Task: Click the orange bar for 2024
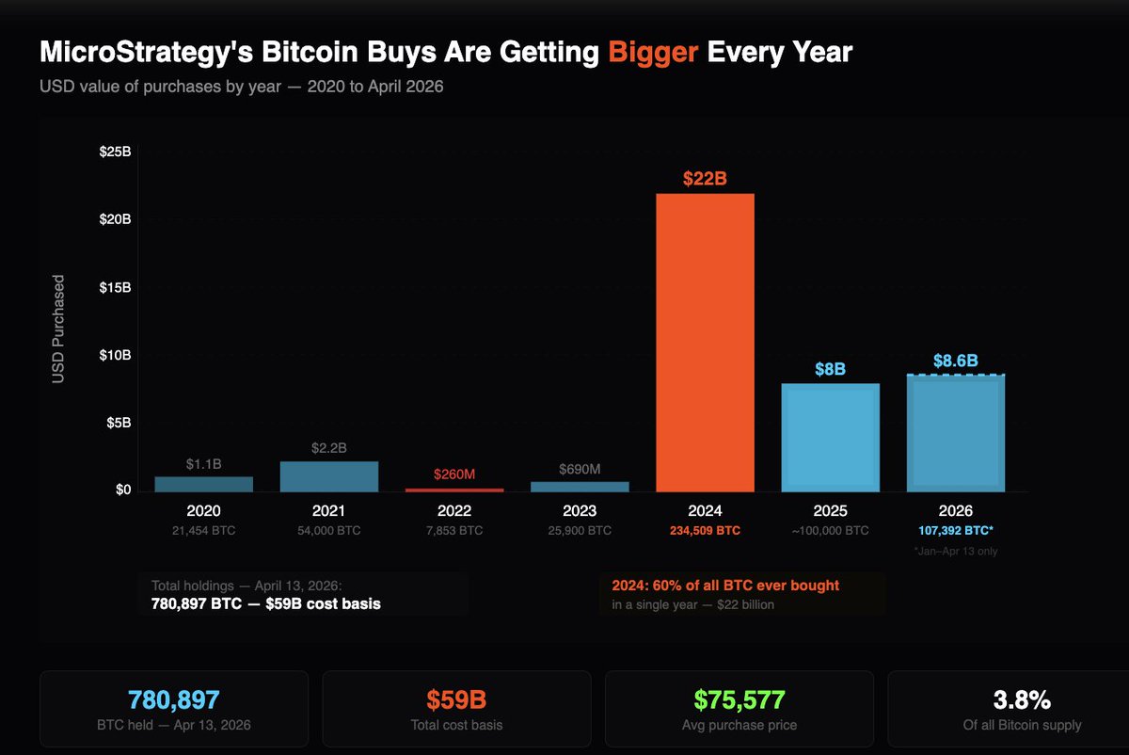[x=705, y=343]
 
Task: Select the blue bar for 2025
[x=831, y=438]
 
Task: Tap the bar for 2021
[x=329, y=476]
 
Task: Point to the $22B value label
[x=705, y=179]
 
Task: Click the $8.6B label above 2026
[x=955, y=360]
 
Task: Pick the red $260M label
[x=454, y=474]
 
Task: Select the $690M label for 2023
[x=580, y=469]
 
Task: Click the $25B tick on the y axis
[x=115, y=153]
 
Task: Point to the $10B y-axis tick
[x=115, y=356]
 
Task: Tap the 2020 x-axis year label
[x=203, y=511]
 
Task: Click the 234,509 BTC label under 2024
[x=705, y=531]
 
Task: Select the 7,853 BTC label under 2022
[x=454, y=531]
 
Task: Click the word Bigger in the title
[x=653, y=52]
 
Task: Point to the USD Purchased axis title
[x=58, y=329]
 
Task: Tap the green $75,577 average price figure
[x=739, y=699]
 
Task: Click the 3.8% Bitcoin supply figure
[x=1022, y=699]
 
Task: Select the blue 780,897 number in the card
[x=174, y=699]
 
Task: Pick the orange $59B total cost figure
[x=456, y=699]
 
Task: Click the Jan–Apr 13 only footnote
[x=955, y=552]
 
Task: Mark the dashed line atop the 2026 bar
[x=955, y=375]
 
